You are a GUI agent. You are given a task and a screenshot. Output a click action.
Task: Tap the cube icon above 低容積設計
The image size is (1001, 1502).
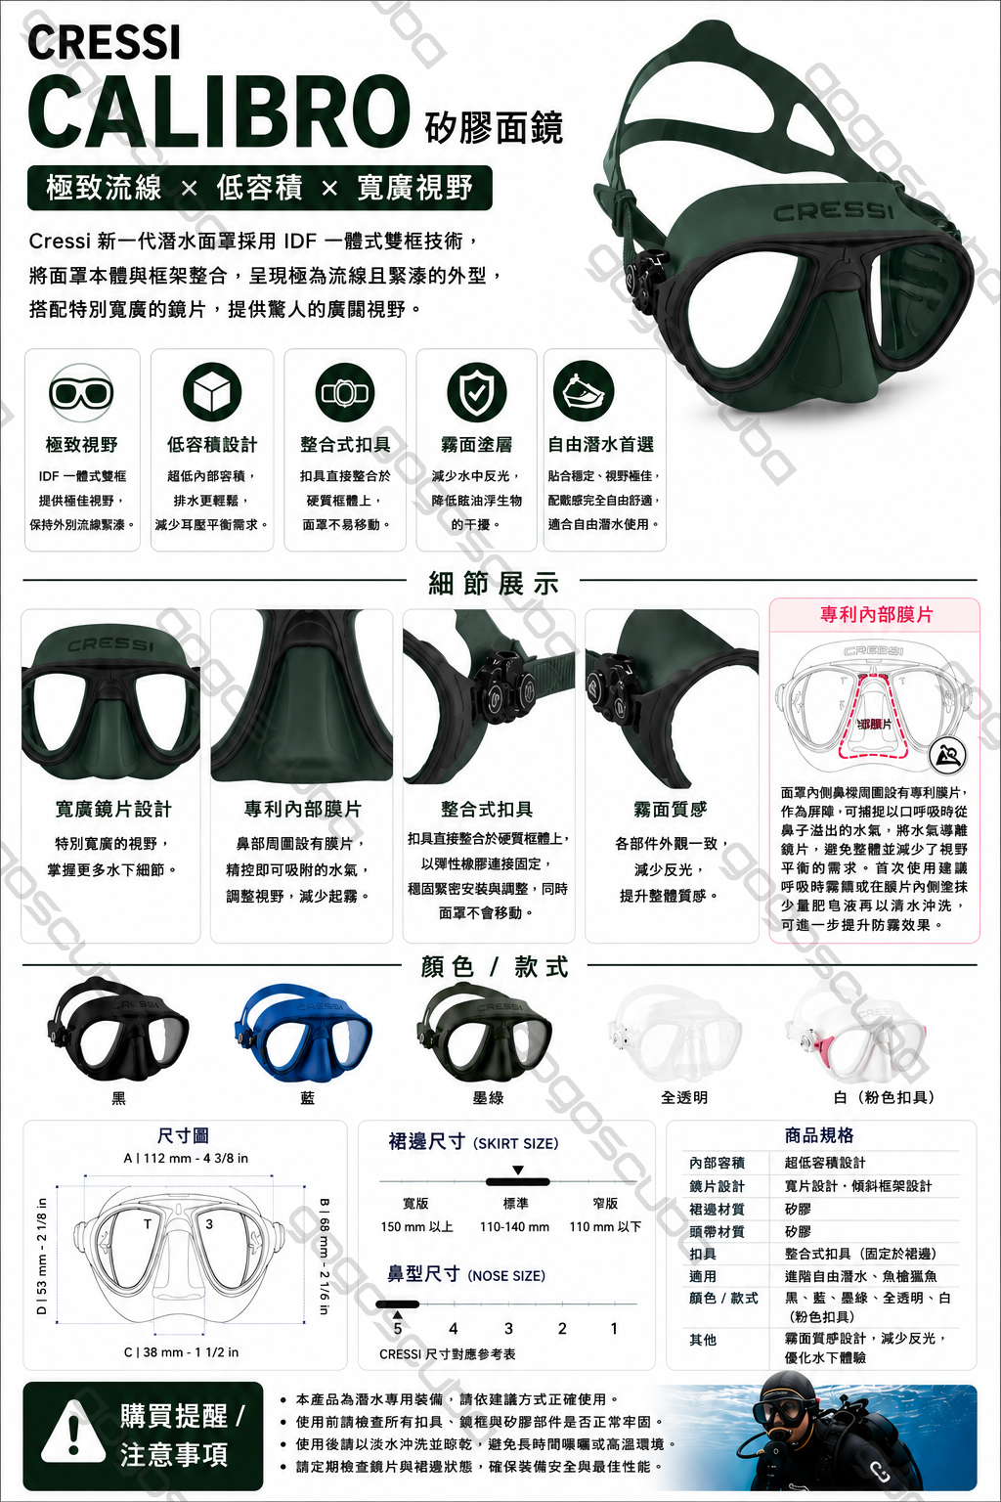click(x=212, y=392)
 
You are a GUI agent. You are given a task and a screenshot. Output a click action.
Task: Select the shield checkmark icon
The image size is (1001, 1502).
click(x=476, y=392)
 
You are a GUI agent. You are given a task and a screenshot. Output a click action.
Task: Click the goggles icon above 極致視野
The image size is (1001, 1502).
click(x=81, y=393)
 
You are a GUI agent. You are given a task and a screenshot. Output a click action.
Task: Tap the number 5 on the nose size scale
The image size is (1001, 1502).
click(x=398, y=1328)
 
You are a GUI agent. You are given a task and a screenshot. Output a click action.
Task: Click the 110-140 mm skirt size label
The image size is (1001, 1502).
click(x=514, y=1226)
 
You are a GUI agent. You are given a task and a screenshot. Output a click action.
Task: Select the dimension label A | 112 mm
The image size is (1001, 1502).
click(x=186, y=1158)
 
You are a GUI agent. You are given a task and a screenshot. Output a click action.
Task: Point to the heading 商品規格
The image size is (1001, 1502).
click(x=819, y=1135)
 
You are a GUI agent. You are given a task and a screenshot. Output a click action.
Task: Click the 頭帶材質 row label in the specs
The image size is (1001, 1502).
click(x=717, y=1231)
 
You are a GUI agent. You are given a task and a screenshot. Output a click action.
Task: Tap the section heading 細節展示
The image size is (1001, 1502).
click(x=494, y=584)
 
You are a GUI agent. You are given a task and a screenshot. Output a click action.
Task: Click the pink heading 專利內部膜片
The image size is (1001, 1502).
click(x=876, y=615)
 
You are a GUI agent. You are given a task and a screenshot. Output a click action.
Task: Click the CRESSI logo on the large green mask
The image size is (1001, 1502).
click(x=834, y=210)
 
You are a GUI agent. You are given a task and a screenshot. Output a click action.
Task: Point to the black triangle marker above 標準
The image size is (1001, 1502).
click(x=517, y=1171)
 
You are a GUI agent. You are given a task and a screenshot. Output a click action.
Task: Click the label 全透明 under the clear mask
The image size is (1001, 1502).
click(x=684, y=1098)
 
